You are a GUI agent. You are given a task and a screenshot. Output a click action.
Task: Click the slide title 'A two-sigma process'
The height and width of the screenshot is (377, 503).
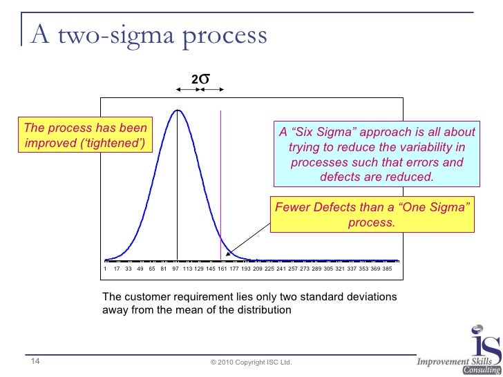click(x=146, y=35)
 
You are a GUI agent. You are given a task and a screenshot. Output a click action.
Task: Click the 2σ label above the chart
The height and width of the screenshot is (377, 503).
click(x=200, y=81)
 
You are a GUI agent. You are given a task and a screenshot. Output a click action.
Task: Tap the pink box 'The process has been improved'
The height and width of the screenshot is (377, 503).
click(x=86, y=136)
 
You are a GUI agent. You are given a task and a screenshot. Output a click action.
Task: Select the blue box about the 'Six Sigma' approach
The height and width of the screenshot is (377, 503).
click(x=377, y=154)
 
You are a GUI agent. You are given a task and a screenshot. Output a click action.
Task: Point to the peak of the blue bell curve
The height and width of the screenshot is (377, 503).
click(x=178, y=110)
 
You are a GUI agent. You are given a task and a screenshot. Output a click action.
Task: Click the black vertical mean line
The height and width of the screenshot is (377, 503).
click(x=178, y=193)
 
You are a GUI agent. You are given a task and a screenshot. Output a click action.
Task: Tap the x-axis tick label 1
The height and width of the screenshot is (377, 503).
click(x=105, y=268)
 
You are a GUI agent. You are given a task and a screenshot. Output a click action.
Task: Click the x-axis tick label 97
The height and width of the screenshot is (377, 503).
click(x=175, y=268)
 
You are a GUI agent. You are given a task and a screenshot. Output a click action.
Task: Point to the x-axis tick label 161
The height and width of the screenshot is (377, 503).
click(x=222, y=268)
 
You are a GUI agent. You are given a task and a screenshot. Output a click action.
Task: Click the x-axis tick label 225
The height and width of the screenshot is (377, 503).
click(x=269, y=268)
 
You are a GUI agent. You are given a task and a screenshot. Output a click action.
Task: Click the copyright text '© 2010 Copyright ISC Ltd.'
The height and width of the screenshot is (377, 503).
click(x=251, y=362)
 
